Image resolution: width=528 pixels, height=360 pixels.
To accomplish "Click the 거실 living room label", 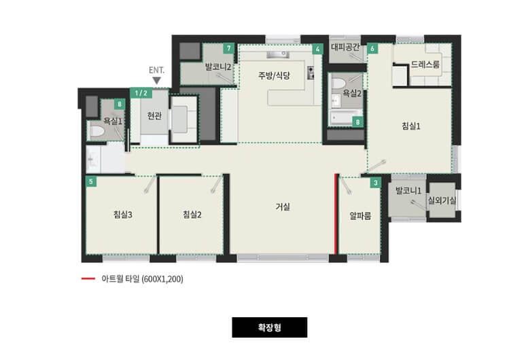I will (x=283, y=207).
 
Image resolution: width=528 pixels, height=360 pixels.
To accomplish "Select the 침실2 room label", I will (x=192, y=215).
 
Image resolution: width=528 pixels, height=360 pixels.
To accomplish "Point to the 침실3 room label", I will (x=122, y=215).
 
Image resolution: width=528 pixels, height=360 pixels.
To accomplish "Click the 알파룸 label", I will (x=359, y=215).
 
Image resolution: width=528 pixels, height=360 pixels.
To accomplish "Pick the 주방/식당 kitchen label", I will (x=275, y=75).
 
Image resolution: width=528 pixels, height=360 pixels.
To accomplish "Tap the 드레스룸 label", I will (x=425, y=65).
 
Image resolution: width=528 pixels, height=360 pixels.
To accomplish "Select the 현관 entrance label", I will (x=154, y=116).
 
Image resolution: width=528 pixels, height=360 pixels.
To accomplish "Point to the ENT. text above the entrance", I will (x=156, y=70).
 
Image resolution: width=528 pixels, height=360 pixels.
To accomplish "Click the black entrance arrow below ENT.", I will (x=156, y=81).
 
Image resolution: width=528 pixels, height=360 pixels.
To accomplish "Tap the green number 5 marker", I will (x=91, y=182).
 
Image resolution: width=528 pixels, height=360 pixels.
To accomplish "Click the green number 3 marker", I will (x=375, y=182).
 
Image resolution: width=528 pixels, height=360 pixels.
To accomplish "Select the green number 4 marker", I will (x=317, y=49).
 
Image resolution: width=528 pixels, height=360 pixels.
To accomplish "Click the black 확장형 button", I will (x=269, y=327).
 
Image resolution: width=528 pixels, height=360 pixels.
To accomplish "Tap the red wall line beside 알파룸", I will (x=336, y=213).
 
